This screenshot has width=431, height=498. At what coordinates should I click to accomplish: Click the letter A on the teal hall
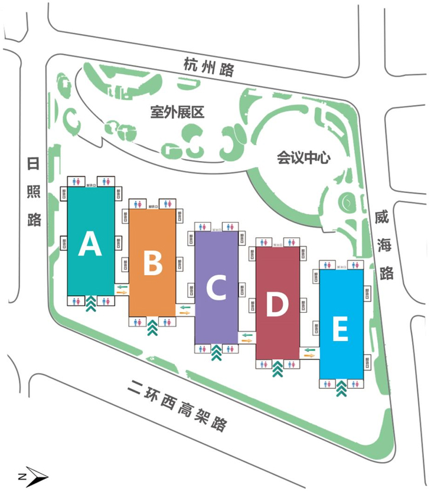click(90, 244)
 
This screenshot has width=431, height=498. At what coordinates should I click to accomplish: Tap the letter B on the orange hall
click(153, 264)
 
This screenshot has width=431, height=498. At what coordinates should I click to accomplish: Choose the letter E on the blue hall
click(339, 329)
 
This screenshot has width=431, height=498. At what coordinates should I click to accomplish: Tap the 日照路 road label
click(34, 191)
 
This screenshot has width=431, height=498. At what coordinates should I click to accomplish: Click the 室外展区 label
click(177, 112)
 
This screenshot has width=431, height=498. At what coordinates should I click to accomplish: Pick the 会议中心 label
click(303, 158)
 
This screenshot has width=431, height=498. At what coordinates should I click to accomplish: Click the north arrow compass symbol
click(32, 476)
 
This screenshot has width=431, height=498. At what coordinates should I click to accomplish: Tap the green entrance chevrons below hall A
click(91, 304)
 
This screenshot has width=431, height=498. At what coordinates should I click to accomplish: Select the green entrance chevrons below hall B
click(152, 325)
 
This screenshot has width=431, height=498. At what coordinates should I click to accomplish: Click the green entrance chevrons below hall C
click(216, 352)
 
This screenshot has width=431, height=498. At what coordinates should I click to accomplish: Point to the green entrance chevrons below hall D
click(277, 369)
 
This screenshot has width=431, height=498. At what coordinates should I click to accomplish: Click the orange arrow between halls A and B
click(122, 292)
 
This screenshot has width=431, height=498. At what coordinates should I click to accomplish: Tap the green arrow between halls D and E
click(309, 349)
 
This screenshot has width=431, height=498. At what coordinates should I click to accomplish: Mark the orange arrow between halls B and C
click(184, 313)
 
